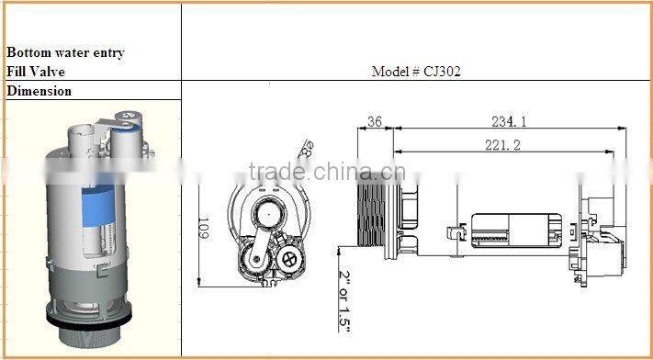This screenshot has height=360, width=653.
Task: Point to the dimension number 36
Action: point(375,121)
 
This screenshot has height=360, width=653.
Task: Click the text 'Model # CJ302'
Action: point(416,71)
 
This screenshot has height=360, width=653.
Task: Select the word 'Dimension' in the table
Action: point(39,91)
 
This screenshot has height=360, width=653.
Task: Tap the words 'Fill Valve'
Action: point(36,71)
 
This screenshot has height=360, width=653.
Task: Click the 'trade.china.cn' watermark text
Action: point(327,172)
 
